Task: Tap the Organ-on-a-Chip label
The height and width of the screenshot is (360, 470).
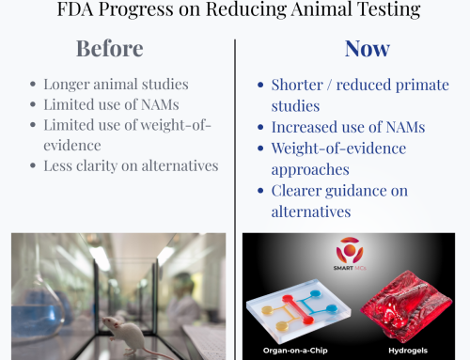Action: coord(298,352)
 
